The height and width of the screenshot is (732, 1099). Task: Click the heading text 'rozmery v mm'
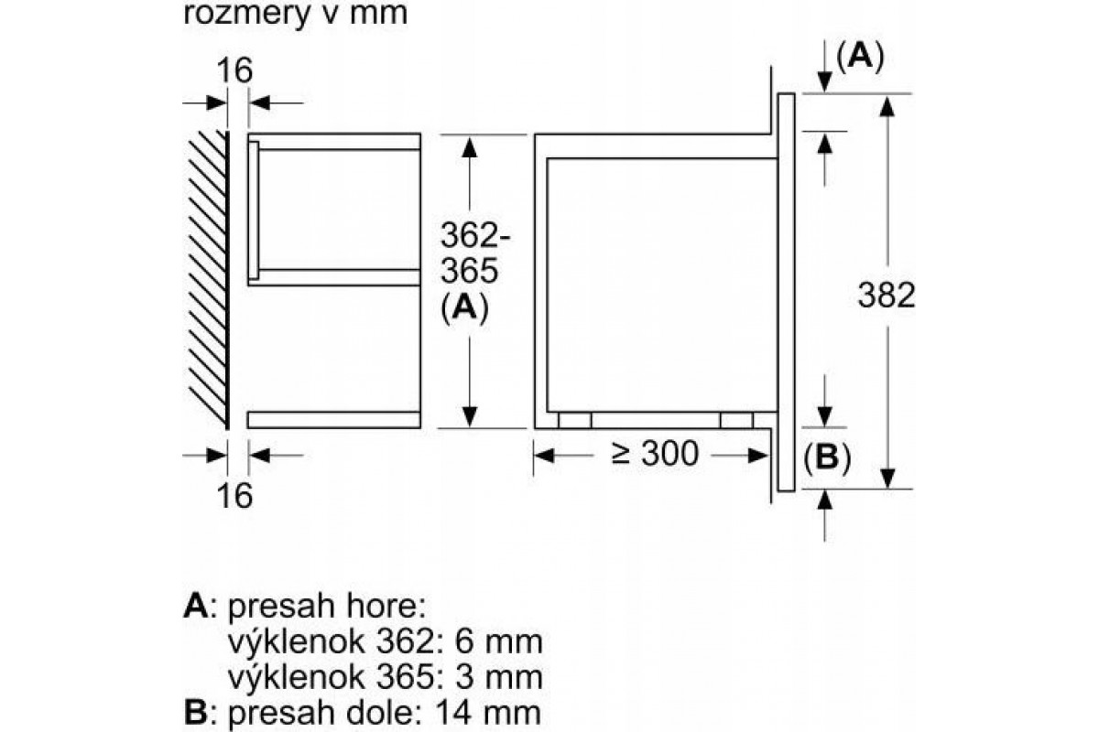click(295, 13)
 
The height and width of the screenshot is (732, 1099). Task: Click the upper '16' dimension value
click(234, 70)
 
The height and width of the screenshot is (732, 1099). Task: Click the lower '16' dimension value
click(234, 495)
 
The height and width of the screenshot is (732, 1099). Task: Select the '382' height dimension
click(887, 296)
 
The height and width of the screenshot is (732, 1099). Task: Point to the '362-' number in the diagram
click(475, 235)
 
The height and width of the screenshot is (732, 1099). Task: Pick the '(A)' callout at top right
click(860, 57)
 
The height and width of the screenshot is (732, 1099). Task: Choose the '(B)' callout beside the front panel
click(827, 457)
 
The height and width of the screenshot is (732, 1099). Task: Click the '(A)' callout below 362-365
click(464, 308)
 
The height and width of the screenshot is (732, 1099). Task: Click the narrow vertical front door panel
click(786, 292)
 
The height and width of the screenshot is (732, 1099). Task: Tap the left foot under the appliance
click(574, 420)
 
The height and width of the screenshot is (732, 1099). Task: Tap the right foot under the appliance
click(736, 420)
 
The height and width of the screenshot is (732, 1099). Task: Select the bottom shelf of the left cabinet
click(334, 420)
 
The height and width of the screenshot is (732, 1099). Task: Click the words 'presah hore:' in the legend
click(327, 608)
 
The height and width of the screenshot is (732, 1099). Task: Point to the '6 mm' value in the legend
click(499, 641)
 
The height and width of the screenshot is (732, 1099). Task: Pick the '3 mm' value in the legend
click(499, 677)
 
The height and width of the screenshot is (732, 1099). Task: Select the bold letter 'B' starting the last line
click(195, 713)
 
